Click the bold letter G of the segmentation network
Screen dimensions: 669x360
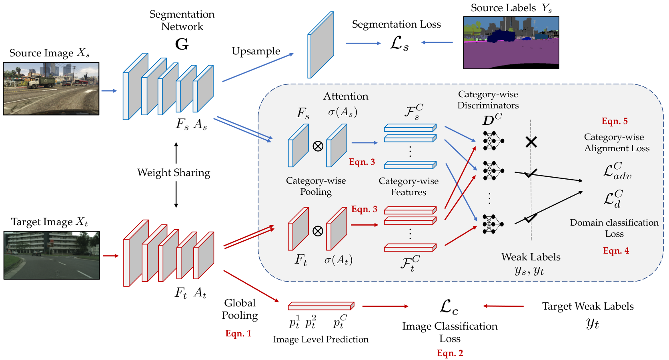[x=182, y=44]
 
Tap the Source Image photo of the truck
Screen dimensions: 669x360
[x=51, y=89]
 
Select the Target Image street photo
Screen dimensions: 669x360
[x=52, y=255]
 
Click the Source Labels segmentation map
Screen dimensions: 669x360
[x=511, y=43]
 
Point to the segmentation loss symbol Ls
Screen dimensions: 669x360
[x=399, y=44]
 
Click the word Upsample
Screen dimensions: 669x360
[x=256, y=51]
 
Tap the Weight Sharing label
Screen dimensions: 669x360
[x=174, y=173]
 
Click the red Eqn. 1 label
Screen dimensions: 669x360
[x=238, y=333]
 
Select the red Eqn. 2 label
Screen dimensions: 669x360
[x=450, y=353]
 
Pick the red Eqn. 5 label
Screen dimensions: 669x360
[x=615, y=121]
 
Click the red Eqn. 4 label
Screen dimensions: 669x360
[x=616, y=250]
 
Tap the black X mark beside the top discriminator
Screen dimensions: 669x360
[x=531, y=142]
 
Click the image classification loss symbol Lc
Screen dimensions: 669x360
[x=449, y=307]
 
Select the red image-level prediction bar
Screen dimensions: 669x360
[x=321, y=306]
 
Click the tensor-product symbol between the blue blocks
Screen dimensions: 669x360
[x=318, y=146]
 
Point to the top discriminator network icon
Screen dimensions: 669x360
[x=493, y=140]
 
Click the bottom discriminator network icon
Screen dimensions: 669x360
[x=493, y=224]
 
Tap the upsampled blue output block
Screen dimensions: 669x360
[x=321, y=45]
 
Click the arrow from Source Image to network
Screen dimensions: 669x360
[x=109, y=91]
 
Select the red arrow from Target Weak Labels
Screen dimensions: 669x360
[x=503, y=306]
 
